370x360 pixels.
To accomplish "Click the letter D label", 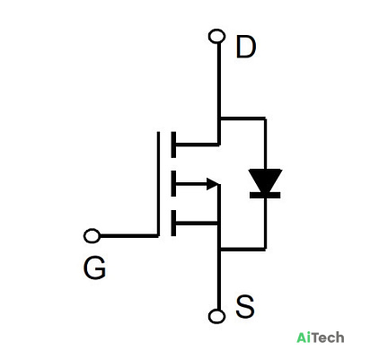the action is [246, 47].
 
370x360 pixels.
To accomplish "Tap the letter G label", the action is [94, 268].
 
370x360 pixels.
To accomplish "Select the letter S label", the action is [245, 306].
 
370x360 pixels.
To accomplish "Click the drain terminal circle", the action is [216, 36].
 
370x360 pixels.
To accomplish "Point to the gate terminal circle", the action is [92, 236].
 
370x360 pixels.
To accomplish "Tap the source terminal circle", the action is [216, 316].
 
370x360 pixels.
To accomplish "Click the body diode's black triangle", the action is [265, 180].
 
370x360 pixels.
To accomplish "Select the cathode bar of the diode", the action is [265, 195].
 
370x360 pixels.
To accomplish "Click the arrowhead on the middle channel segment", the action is [214, 184].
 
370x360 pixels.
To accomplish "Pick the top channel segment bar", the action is [173, 145].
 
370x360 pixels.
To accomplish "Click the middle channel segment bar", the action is [173, 183].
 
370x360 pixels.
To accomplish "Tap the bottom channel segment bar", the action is [173, 223].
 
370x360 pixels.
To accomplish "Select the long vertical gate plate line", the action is [158, 184].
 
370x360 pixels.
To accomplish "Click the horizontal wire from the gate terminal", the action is [129, 236].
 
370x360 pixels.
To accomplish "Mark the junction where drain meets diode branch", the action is [219, 119].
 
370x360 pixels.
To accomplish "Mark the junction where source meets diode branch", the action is [219, 249].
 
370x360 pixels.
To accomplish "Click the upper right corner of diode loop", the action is [265, 119].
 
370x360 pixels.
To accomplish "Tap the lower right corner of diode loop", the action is [265, 249].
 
